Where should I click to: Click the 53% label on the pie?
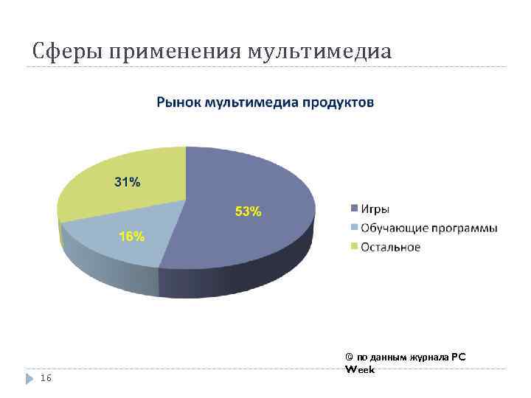click(248, 212)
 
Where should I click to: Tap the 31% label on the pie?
click(126, 182)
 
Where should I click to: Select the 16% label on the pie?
click(132, 237)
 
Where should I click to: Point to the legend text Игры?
click(375, 209)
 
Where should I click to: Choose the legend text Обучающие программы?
click(428, 228)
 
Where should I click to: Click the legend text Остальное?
click(390, 247)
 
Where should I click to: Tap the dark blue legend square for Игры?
click(355, 209)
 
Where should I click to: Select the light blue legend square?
click(355, 228)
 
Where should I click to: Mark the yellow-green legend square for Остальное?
click(355, 247)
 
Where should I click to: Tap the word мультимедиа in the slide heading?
click(321, 52)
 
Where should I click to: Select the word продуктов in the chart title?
click(339, 102)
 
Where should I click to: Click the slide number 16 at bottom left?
click(46, 378)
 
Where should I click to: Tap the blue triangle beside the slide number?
click(30, 378)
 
